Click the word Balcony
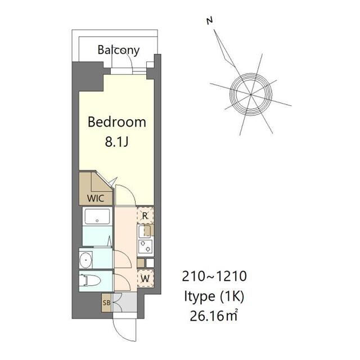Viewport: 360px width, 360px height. (119, 50)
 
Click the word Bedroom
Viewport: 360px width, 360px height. (117, 122)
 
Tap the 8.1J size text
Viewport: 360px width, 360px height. (116, 142)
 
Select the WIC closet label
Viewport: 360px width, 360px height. (96, 199)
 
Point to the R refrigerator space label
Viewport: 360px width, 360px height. (145, 216)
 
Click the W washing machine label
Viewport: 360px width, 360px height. (145, 279)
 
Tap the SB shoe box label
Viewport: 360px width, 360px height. (106, 303)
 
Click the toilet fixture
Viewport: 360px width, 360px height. (89, 280)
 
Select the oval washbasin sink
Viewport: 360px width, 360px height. (86, 260)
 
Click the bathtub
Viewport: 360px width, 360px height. (97, 217)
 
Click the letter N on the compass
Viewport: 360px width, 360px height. (210, 21)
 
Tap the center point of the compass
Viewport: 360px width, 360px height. (251, 94)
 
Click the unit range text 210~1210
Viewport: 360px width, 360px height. (214, 276)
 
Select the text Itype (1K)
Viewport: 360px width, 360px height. (214, 296)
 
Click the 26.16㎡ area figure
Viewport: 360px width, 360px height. (214, 316)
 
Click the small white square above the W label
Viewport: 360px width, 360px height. (150, 263)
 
